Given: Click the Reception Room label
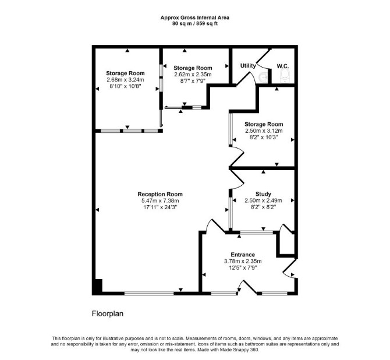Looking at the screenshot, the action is pos(160,194).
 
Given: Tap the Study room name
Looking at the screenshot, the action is pos(264,194).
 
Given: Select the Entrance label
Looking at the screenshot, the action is pos(243,255).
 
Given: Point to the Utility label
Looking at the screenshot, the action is pos(248,65).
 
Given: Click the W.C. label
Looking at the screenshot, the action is pos(283,66).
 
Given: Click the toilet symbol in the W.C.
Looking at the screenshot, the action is pos(285,76).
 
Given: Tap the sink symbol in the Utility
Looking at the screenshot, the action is pos(263,77).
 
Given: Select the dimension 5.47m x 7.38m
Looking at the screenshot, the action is pos(160,200).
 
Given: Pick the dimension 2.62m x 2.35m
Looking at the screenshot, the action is pos(193,75).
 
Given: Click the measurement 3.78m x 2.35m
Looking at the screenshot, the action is pos(243,262).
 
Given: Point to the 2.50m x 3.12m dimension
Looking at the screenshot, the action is pos(264,130).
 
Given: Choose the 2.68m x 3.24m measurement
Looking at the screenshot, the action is pos(125,80).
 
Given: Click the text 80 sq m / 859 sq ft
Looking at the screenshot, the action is pos(195,24).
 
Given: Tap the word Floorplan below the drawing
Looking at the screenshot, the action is pos(108,313).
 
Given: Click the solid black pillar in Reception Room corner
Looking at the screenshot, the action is pos(98,287).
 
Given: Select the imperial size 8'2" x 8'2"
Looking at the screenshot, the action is pos(264,207).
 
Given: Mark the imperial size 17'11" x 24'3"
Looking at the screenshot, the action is pos(160,207).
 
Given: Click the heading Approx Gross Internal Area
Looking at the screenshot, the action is pos(195,17).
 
